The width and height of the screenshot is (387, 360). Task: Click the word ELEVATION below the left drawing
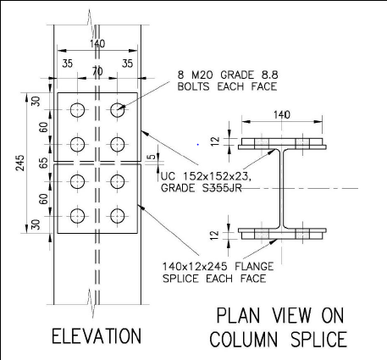click(x=96, y=335)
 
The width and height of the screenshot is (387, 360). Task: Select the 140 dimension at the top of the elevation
click(x=97, y=43)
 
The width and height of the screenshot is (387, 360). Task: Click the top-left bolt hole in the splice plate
click(x=78, y=110)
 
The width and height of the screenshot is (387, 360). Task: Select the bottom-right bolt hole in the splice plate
click(x=116, y=215)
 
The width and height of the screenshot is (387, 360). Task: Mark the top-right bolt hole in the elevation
click(x=116, y=110)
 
